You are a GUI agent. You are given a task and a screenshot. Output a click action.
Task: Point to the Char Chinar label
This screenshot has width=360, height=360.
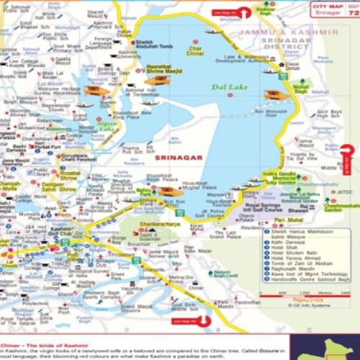(x=195, y=50)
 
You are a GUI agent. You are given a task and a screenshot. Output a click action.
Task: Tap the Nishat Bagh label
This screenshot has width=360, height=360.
(x=301, y=89)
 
